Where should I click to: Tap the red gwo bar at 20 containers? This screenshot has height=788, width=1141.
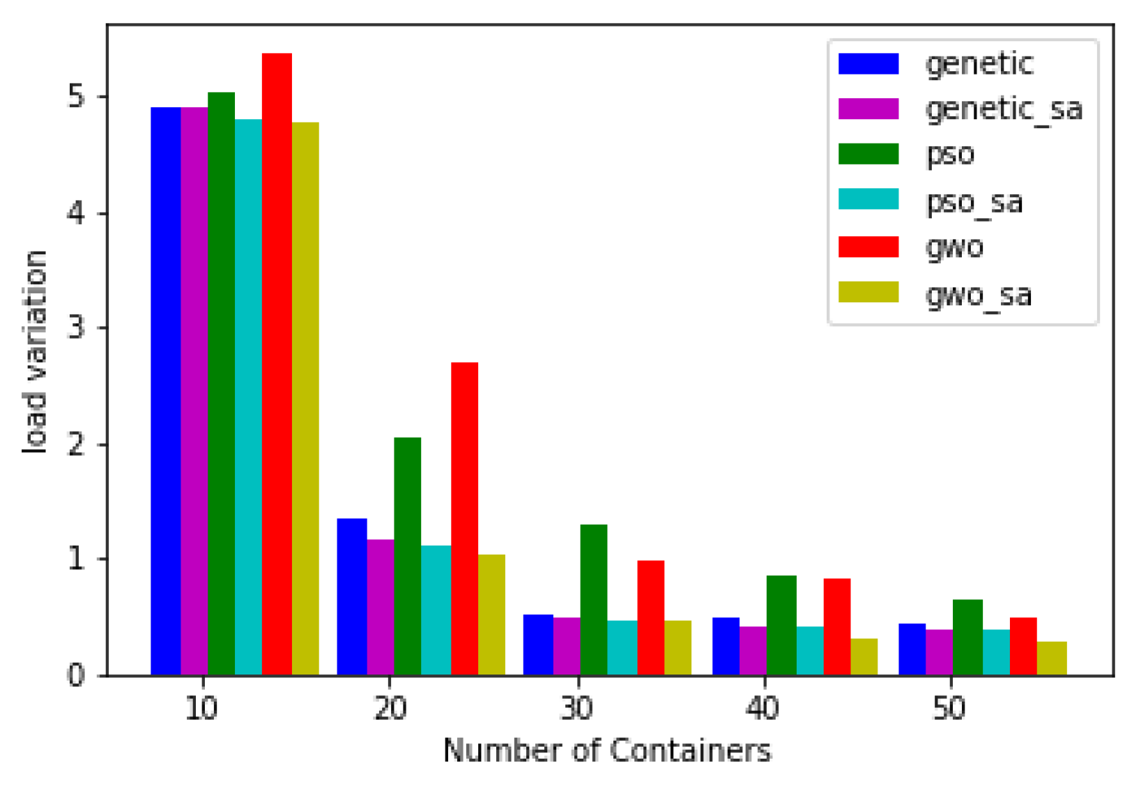(x=464, y=518)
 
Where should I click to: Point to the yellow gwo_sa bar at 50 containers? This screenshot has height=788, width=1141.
(x=1051, y=658)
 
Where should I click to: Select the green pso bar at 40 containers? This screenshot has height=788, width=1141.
(x=781, y=625)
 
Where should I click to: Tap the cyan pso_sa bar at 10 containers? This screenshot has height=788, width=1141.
(x=248, y=397)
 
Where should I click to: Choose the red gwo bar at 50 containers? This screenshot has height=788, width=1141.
(x=1023, y=646)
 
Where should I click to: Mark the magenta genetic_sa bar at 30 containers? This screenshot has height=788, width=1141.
(x=566, y=646)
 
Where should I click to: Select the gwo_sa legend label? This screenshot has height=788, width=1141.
(x=978, y=295)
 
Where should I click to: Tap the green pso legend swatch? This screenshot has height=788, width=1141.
(x=868, y=154)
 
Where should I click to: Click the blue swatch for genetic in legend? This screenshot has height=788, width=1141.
(x=868, y=63)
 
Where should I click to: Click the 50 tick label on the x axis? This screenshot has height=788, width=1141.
(x=949, y=709)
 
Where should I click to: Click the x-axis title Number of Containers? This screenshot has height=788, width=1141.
(x=607, y=751)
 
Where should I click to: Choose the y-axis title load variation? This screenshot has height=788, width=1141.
(x=35, y=352)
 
